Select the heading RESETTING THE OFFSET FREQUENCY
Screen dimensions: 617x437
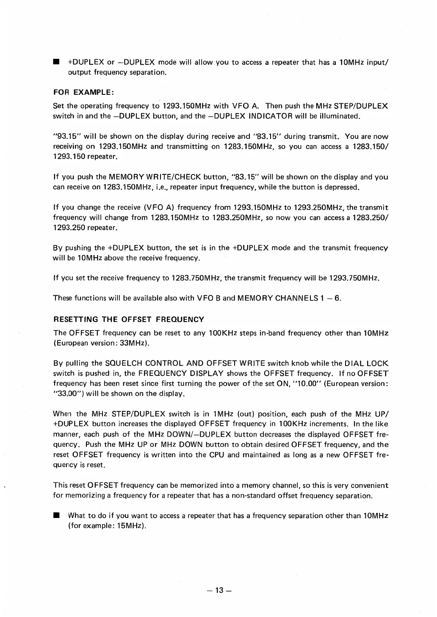click(129, 319)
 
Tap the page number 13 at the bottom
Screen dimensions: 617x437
click(219, 590)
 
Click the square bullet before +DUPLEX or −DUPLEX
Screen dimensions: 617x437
click(55, 63)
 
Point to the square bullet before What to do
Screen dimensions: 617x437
click(55, 516)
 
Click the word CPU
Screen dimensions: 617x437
click(213, 454)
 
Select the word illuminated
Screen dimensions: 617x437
click(337, 116)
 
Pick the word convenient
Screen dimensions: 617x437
click(367, 485)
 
